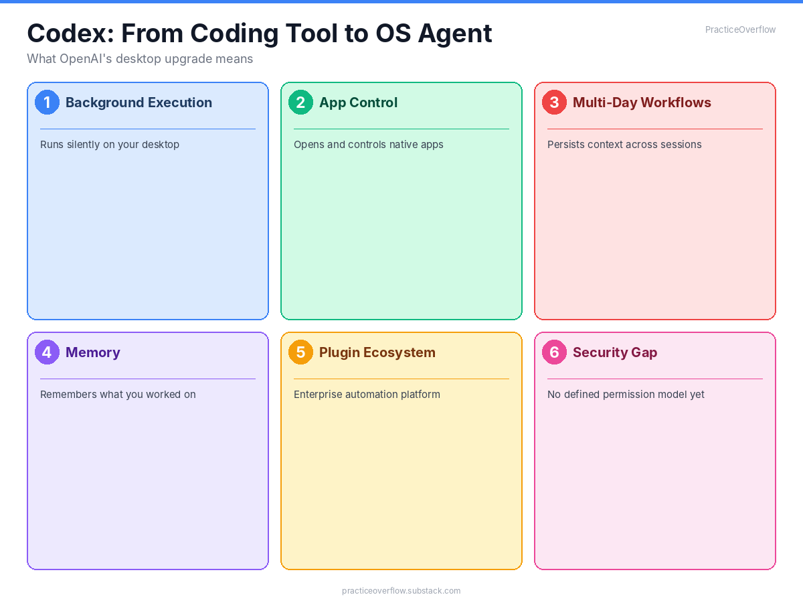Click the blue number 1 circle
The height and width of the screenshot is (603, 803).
click(x=47, y=103)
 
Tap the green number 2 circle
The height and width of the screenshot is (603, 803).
click(x=300, y=103)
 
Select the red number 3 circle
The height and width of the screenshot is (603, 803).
click(x=554, y=103)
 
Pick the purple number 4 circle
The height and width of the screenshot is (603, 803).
click(x=47, y=352)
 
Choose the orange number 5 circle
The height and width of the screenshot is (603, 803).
click(x=300, y=352)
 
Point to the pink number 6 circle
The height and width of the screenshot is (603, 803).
click(x=554, y=352)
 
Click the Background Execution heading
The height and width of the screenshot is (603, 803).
click(x=139, y=103)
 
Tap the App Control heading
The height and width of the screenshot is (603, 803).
click(x=358, y=103)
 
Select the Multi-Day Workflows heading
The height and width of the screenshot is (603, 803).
click(x=642, y=103)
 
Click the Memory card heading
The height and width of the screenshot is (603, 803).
click(x=93, y=352)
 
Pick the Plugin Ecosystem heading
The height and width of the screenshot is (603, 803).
click(x=377, y=352)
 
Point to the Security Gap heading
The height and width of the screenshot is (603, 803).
click(x=615, y=352)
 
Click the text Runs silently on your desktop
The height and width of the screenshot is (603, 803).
click(x=110, y=145)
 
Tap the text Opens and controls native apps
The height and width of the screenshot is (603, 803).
click(x=369, y=145)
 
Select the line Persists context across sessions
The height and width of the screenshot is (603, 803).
click(x=624, y=145)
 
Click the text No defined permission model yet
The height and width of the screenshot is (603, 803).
click(x=626, y=395)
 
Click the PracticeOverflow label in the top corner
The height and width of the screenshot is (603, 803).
click(x=740, y=29)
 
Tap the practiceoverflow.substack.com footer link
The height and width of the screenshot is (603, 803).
click(x=401, y=591)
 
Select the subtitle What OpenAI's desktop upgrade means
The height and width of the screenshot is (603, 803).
click(x=140, y=59)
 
